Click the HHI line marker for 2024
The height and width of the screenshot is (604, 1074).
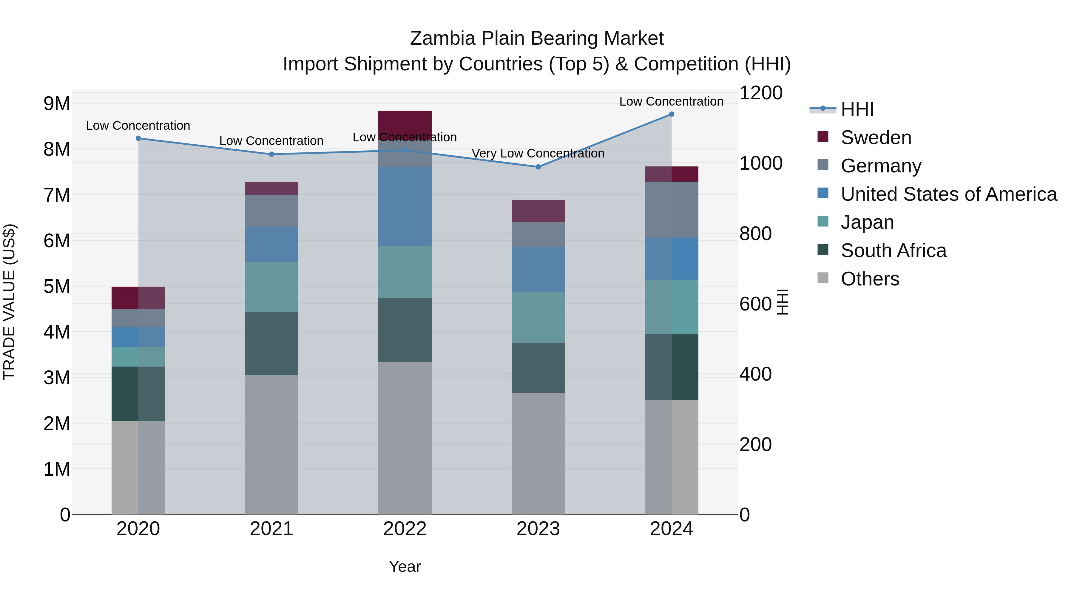coord(671,114)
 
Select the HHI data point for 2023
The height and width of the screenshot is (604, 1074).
coord(538,167)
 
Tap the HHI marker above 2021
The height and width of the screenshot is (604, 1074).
coord(271,154)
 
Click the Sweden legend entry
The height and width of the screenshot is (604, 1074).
coord(876,138)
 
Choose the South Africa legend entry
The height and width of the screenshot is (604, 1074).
coord(893,251)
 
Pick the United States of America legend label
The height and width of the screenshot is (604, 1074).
coord(948,194)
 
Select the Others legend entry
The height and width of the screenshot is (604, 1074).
coord(870,279)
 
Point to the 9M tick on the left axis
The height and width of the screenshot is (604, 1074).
coord(57,104)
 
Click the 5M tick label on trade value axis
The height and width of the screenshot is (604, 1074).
coord(57,286)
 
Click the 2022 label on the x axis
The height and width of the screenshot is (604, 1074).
coord(405,529)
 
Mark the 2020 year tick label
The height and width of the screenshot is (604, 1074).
coord(138,529)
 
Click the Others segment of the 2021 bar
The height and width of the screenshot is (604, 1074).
coord(271,444)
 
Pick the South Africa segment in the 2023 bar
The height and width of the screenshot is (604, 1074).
coord(538,368)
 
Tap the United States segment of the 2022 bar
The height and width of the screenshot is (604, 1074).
coord(405,206)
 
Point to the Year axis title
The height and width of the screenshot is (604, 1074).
coord(405,566)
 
